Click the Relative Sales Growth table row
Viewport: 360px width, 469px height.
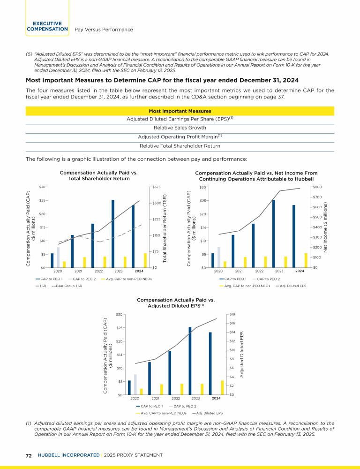pos(180,127)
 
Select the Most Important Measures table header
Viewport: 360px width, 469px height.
pos(180,111)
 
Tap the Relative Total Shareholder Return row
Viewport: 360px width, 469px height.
pos(180,146)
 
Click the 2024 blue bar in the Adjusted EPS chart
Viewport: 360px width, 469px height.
pos(210,363)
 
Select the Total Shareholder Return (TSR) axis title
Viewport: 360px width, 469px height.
pos(165,227)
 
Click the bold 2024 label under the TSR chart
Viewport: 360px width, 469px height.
pos(139,272)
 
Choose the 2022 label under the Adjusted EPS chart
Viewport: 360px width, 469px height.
pos(176,398)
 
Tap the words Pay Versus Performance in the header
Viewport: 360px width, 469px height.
pos(104,30)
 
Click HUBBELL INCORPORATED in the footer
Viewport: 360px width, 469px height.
pos(67,455)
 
